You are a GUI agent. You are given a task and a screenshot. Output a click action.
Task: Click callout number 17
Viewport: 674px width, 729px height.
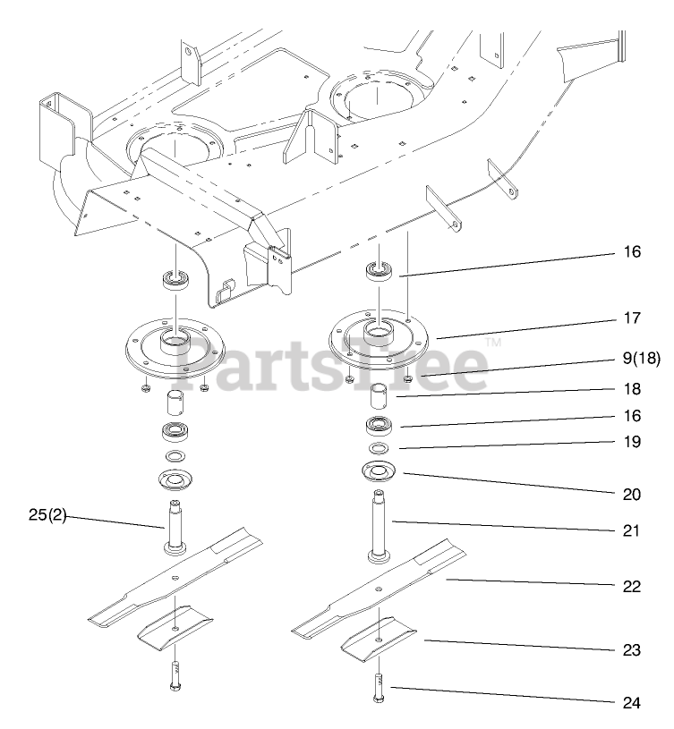click(x=632, y=318)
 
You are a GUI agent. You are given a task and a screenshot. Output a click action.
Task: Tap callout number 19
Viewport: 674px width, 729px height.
click(x=632, y=441)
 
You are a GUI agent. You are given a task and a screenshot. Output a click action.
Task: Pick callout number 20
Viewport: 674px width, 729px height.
click(x=632, y=494)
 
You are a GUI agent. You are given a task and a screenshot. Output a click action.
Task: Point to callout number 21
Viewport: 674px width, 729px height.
click(x=632, y=530)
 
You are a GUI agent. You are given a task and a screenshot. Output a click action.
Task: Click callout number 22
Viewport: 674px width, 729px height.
click(x=632, y=587)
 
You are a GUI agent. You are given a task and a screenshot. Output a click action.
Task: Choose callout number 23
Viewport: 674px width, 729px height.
click(x=632, y=650)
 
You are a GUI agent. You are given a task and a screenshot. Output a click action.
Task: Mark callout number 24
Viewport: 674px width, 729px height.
click(x=632, y=702)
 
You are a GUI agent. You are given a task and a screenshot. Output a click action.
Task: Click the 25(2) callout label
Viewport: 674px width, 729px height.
click(x=47, y=516)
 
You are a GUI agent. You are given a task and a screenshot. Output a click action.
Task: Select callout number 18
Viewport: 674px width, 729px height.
click(x=632, y=391)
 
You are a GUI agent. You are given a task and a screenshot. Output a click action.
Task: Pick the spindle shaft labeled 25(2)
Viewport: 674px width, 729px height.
click(x=175, y=527)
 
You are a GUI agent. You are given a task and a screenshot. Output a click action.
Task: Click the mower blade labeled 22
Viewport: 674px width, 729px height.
click(x=380, y=588)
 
